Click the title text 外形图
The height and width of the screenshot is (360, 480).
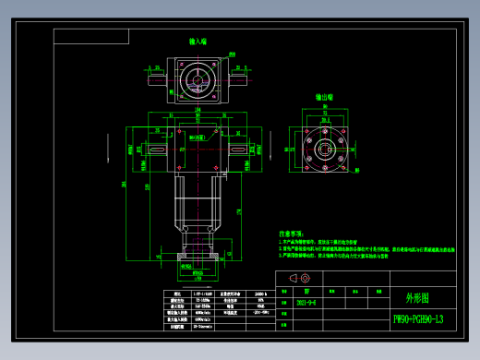tap(417, 298)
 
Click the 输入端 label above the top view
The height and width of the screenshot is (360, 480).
tap(198, 42)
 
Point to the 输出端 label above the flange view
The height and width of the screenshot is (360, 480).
tap(324, 96)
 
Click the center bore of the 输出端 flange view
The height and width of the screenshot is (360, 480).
tap(325, 149)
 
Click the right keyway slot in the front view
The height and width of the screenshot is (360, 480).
tap(237, 150)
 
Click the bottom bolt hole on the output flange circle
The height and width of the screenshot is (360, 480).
tap(325, 174)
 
